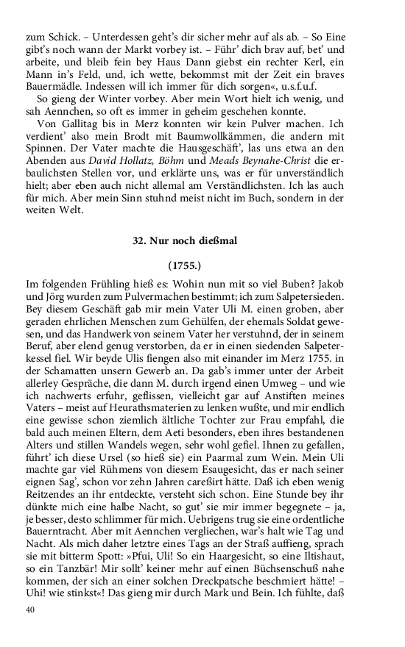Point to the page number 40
pos(30,610)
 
